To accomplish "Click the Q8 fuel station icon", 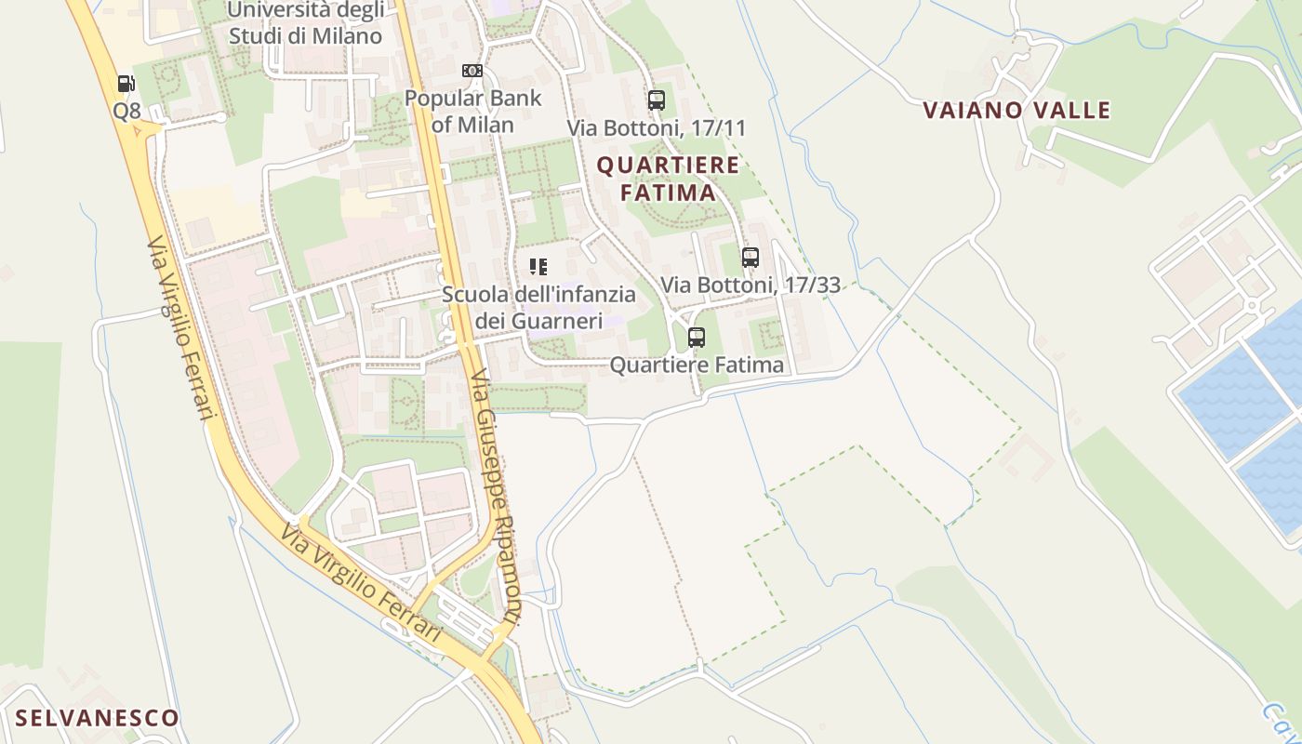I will click(x=126, y=84).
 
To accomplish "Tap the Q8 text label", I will click(x=126, y=111).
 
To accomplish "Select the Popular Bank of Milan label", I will click(x=472, y=111).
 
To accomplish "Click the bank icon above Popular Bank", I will click(x=472, y=71).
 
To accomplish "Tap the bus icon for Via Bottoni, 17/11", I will click(x=657, y=100).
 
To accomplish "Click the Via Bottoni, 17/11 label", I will click(x=657, y=128).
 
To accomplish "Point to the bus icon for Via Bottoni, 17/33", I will click(x=751, y=258).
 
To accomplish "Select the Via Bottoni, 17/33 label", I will click(x=751, y=285).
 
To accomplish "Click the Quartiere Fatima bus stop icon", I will click(x=697, y=338).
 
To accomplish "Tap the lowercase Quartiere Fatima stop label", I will click(x=697, y=365).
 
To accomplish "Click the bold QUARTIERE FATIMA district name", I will click(x=668, y=179).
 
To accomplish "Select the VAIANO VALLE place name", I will click(x=1016, y=111).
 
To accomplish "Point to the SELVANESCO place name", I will click(x=97, y=718).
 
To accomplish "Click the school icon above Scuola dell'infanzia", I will click(x=538, y=268).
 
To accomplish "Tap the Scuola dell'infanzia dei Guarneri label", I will click(x=538, y=308).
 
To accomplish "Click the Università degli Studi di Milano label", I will click(x=304, y=23).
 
